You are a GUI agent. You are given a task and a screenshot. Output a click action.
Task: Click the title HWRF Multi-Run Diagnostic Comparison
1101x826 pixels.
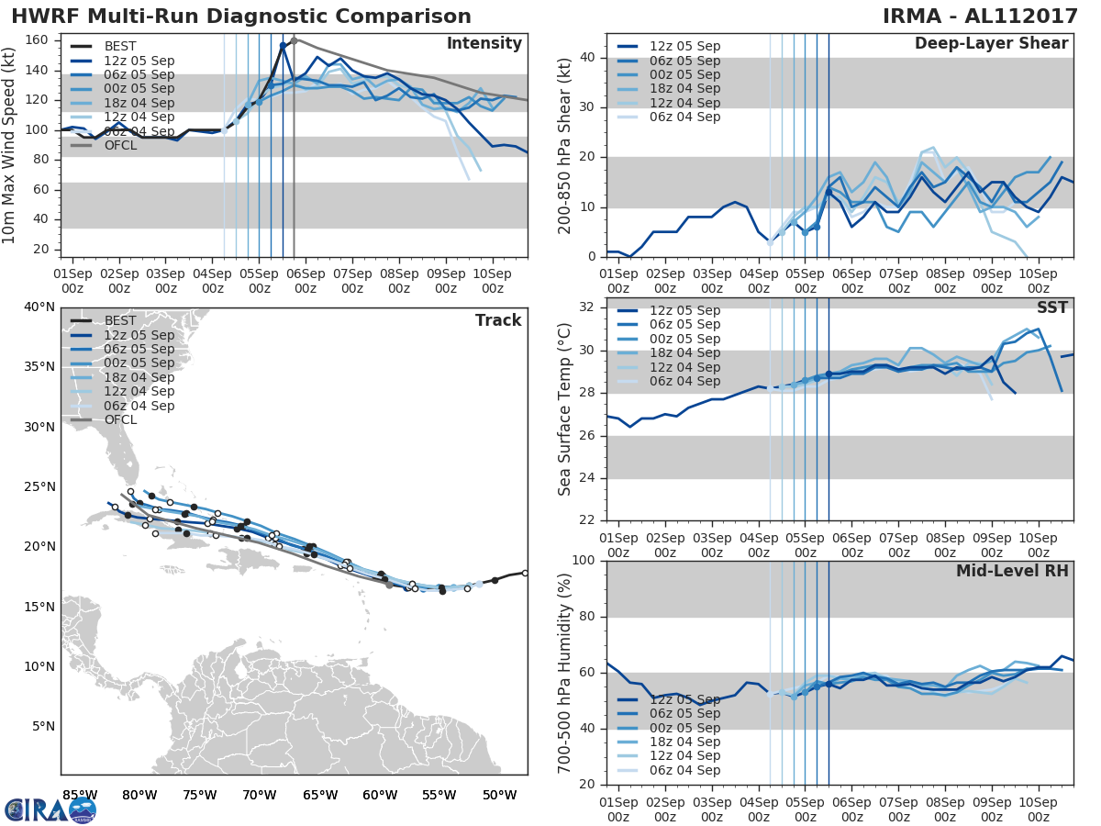241,17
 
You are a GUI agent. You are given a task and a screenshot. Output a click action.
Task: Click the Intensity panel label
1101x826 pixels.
484,44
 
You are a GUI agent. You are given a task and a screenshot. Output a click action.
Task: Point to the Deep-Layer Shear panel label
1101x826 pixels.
991,44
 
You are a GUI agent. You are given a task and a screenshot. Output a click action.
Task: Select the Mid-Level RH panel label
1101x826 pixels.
1012,571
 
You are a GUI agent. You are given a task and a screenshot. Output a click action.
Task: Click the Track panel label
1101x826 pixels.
498,320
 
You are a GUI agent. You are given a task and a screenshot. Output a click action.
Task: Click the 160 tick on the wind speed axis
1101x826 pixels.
38,40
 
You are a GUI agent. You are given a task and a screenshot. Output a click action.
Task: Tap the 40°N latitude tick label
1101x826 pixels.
39,307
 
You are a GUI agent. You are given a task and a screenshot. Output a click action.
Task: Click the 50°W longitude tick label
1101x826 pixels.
498,795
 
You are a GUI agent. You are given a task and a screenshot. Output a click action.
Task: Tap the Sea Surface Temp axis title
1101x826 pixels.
566,408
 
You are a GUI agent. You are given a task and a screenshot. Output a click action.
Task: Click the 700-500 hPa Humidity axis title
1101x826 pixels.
566,672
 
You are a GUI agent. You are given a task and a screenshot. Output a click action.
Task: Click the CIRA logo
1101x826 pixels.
50,809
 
